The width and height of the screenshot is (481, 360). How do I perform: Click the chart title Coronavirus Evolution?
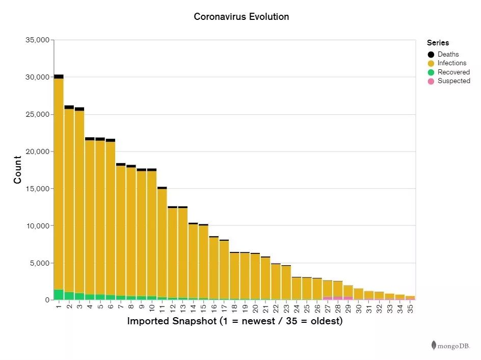point(241,17)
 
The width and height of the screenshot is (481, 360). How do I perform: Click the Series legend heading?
point(438,43)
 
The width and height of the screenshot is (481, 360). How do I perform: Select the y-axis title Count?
point(18,170)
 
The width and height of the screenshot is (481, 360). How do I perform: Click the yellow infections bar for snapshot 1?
point(59,184)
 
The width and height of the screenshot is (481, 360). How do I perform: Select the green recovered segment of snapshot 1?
point(59,295)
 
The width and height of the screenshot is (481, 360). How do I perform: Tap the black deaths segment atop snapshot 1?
point(59,76)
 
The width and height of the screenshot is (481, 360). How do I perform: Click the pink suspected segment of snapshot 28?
point(338,298)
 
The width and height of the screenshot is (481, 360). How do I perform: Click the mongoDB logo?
point(450,346)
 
